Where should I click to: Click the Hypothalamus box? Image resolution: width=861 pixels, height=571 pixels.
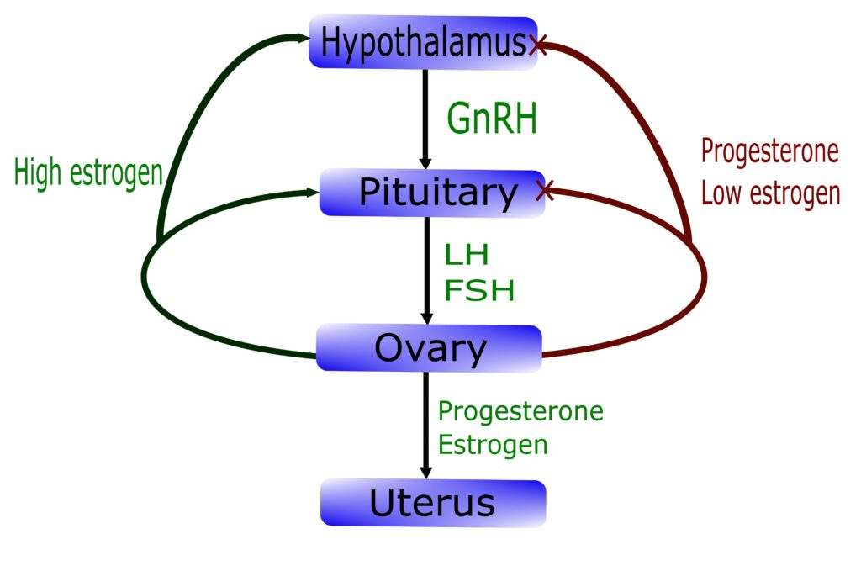pos(423,42)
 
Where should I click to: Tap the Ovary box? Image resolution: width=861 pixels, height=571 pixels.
pos(429,348)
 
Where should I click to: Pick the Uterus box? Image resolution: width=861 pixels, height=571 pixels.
pos(432,503)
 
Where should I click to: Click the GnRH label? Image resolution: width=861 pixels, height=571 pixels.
pos(492,119)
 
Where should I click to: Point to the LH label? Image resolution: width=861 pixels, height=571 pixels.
pos(467,254)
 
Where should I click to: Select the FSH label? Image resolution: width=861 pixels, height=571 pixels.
pos(479,290)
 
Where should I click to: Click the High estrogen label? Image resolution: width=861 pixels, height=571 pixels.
pos(87,172)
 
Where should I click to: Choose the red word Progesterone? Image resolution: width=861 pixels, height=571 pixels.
pos(770,151)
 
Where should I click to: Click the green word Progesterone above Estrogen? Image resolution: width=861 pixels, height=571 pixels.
pos(521,412)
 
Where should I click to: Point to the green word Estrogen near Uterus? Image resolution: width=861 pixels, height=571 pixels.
pos(494,443)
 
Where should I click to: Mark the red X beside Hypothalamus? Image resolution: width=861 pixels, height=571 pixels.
pos(539,45)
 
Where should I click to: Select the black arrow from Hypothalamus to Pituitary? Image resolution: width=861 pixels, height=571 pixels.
pos(425,118)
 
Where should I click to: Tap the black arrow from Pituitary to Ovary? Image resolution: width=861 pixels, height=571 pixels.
pos(426,269)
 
